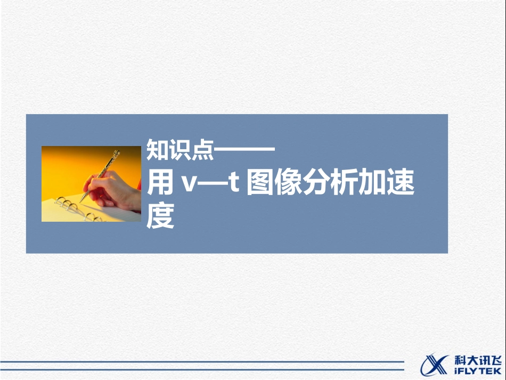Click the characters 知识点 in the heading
[179, 151]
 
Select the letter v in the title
[190, 185]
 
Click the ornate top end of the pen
[115, 156]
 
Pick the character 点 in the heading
[202, 151]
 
